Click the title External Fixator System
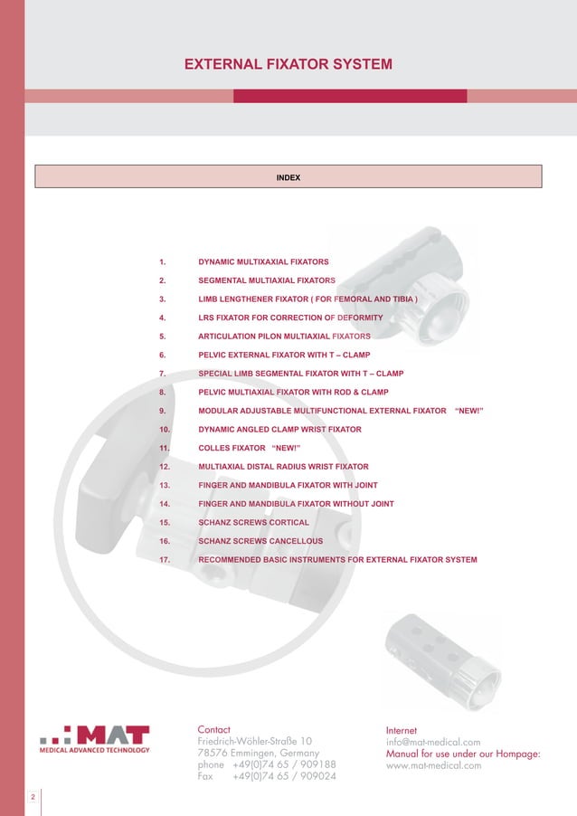pyautogui.click(x=288, y=65)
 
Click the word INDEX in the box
pyautogui.click(x=288, y=177)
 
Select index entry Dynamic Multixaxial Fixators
pyautogui.click(x=263, y=261)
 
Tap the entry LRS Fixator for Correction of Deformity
pyautogui.click(x=290, y=318)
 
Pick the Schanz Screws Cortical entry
pyautogui.click(x=253, y=522)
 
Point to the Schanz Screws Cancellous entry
pyautogui.click(x=260, y=541)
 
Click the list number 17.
pyautogui.click(x=165, y=559)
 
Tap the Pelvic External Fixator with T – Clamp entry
pyautogui.click(x=284, y=355)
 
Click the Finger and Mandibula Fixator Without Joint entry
pyautogui.click(x=296, y=504)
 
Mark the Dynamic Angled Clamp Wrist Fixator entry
pyautogui.click(x=279, y=429)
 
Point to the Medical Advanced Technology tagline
pyautogui.click(x=94, y=750)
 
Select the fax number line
pyautogui.click(x=267, y=776)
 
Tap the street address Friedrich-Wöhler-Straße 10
pyautogui.click(x=255, y=741)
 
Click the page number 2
pyautogui.click(x=33, y=797)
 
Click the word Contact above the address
pyautogui.click(x=213, y=729)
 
